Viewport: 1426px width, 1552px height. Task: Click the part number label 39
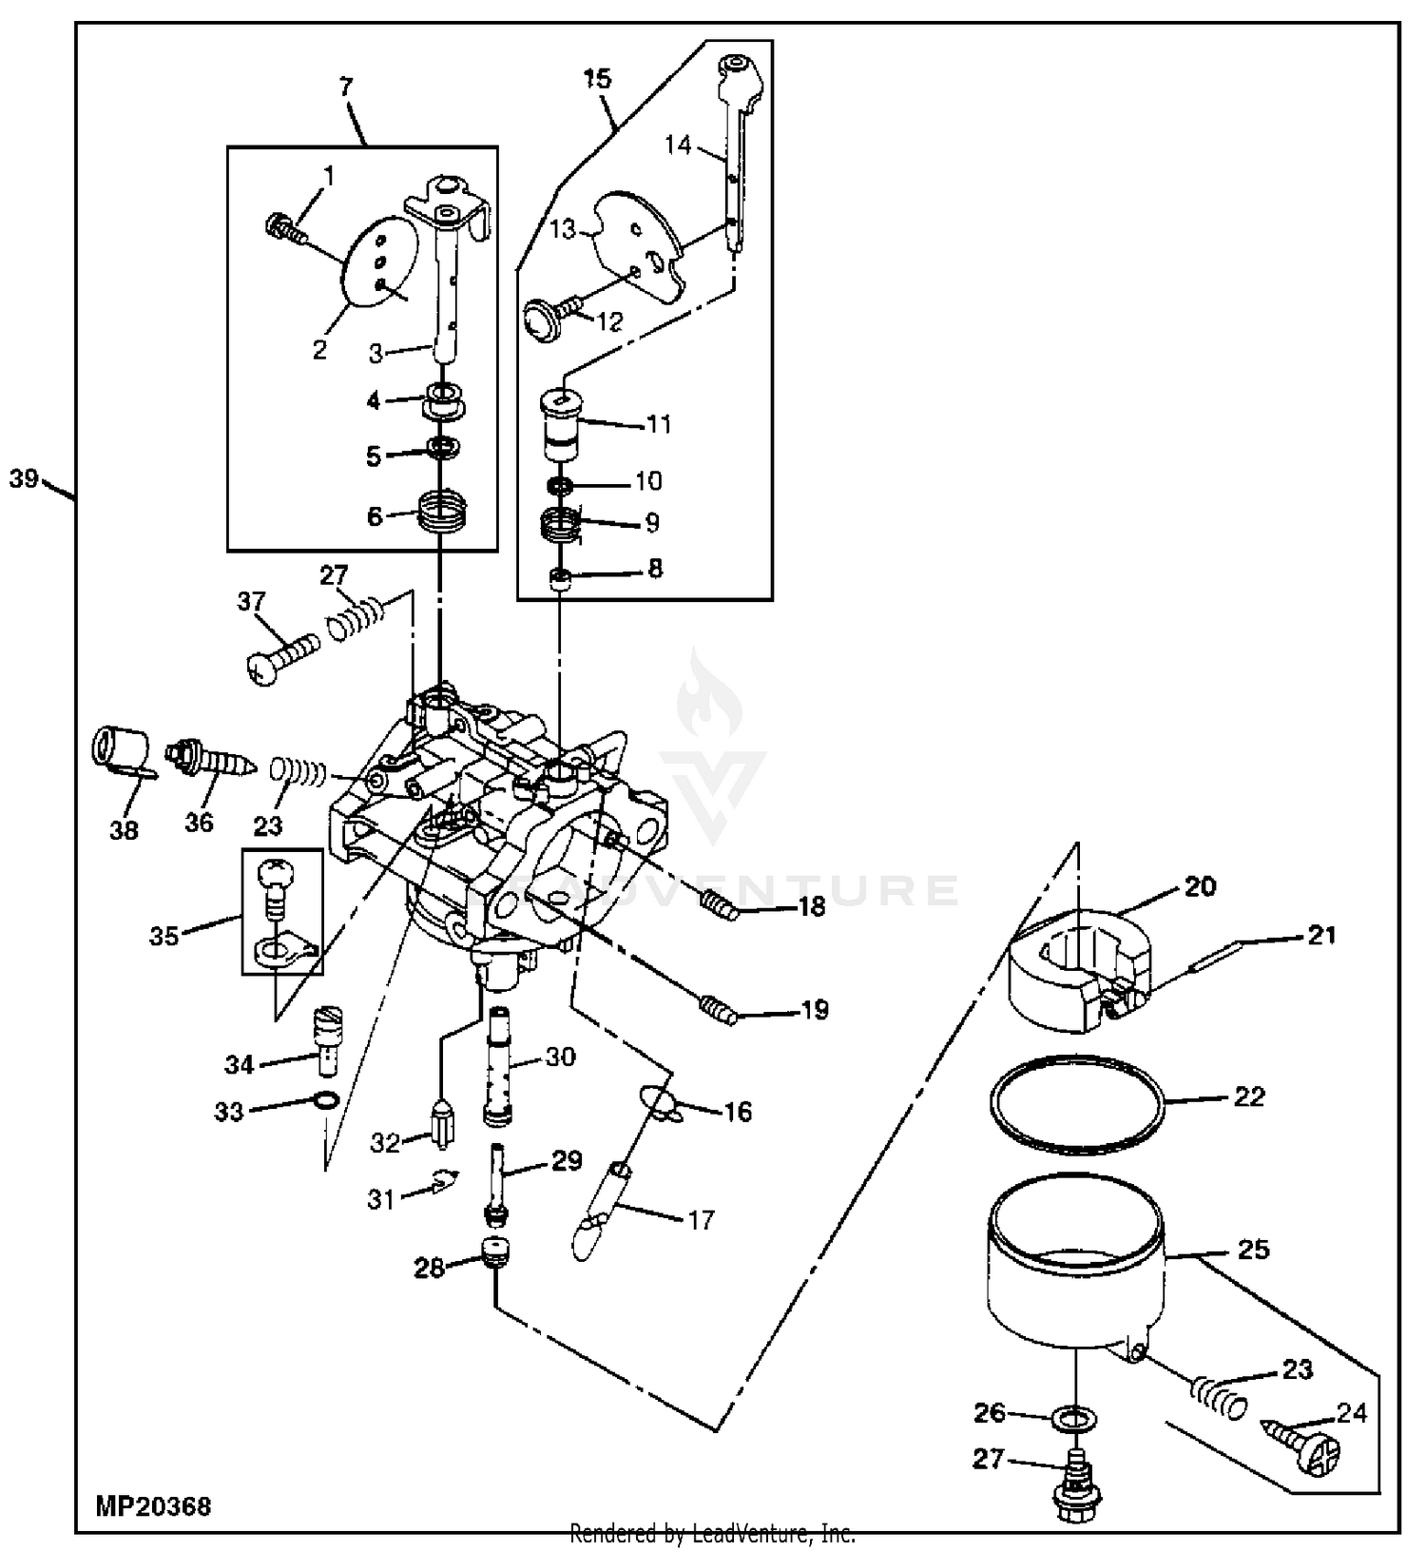point(24,478)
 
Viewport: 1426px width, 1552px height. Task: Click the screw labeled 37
point(281,656)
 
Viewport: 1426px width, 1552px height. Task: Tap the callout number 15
point(598,79)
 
